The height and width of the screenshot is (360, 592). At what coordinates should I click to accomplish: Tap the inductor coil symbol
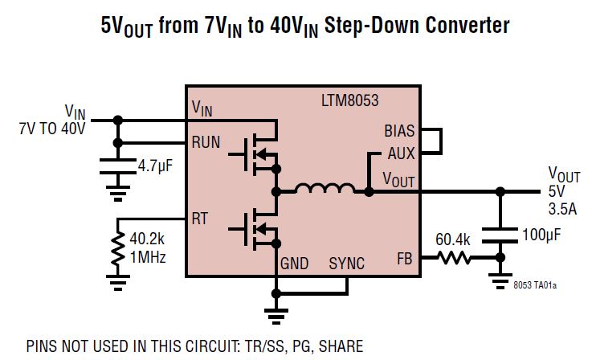click(x=325, y=190)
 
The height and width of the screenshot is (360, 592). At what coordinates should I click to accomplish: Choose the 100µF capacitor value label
click(x=542, y=237)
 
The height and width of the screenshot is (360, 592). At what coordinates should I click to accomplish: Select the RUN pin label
click(x=206, y=142)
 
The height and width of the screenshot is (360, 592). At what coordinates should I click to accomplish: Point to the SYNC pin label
click(x=348, y=263)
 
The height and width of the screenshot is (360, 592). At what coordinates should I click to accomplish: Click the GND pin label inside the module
click(x=295, y=263)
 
